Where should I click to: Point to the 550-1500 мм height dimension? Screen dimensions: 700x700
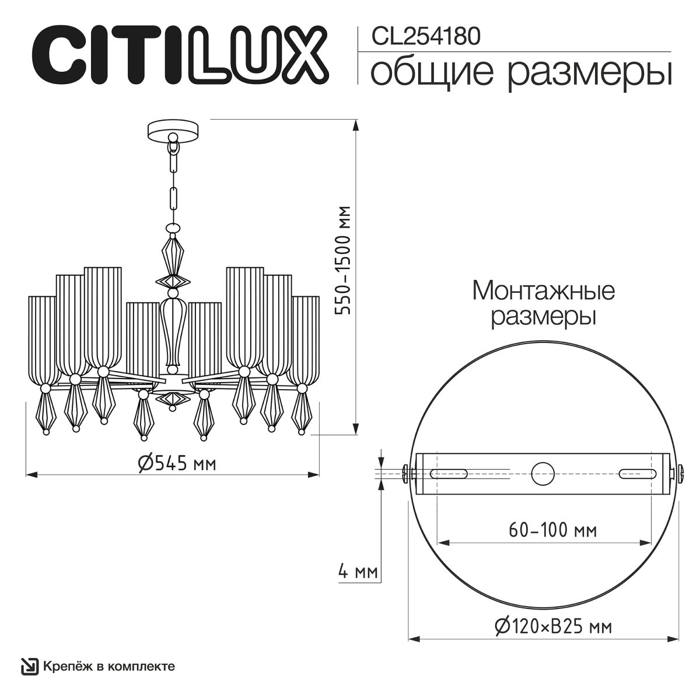point(345,260)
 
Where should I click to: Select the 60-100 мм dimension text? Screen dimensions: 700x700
point(552,530)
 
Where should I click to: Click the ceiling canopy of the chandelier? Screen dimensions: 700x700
point(173,128)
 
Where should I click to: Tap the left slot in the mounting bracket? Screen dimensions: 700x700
point(448,474)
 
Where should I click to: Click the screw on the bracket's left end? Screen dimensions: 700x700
point(407,473)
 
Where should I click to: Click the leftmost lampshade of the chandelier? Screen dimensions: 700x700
point(43,338)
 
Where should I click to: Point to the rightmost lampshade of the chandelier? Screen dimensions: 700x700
point(306,338)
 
